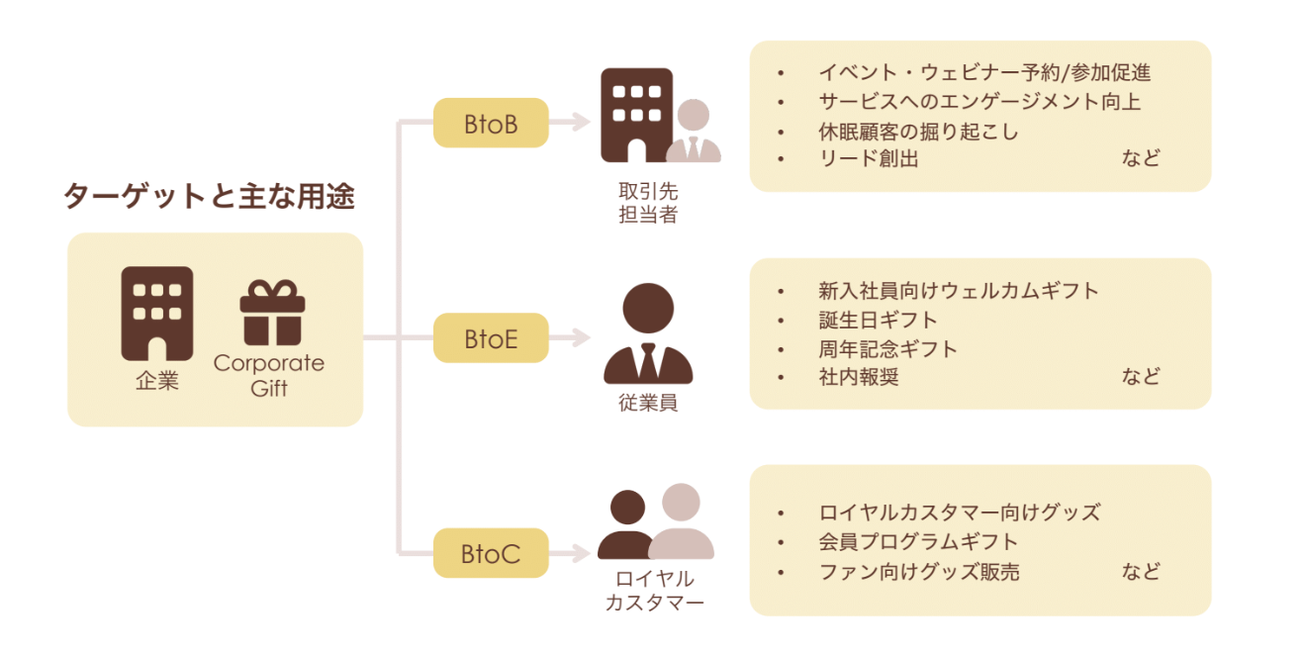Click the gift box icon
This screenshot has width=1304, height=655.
(272, 313)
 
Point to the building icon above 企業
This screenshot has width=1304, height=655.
(157, 313)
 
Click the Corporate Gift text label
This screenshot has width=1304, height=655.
(269, 375)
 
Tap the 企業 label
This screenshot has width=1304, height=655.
(157, 382)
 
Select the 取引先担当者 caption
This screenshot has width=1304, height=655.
(648, 203)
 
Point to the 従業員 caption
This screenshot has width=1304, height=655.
(648, 404)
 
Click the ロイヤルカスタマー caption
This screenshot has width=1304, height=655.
(654, 590)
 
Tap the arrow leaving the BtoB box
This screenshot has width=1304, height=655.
(570, 124)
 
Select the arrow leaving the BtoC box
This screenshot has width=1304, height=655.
(570, 553)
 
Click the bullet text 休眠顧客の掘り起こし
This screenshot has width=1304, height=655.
(918, 131)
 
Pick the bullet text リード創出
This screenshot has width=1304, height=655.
(869, 158)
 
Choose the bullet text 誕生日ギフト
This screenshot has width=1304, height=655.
(878, 320)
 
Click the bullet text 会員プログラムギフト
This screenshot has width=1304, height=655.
(918, 541)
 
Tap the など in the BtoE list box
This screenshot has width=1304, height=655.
(1140, 376)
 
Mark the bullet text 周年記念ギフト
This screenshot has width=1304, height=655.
(887, 348)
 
